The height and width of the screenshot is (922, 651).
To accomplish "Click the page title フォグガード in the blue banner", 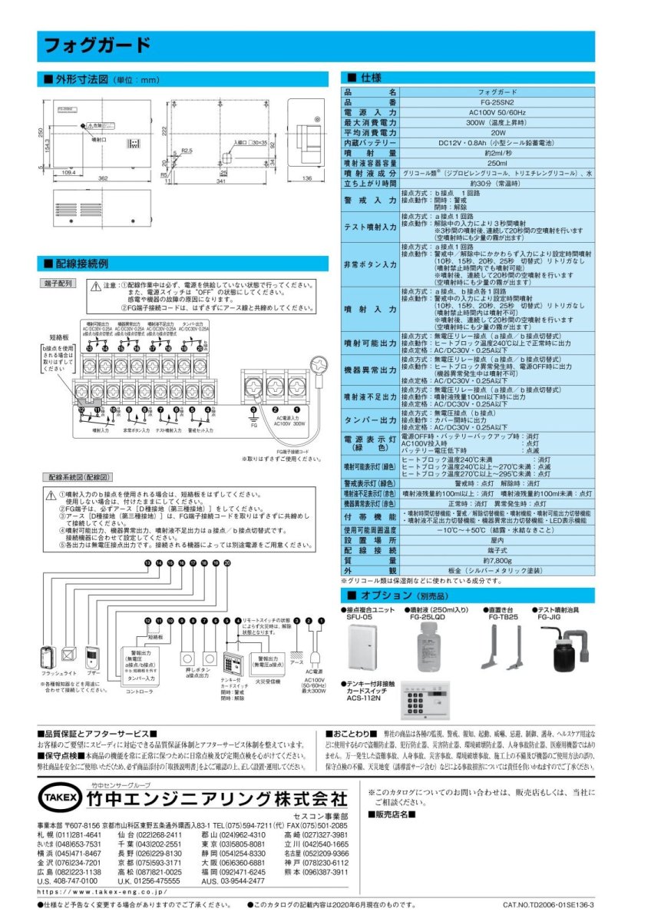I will [96, 45].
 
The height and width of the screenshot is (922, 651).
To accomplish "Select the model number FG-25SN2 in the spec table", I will [497, 101].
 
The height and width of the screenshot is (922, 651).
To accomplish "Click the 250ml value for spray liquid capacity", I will [497, 164].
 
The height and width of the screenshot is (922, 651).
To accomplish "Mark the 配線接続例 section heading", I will [76, 263].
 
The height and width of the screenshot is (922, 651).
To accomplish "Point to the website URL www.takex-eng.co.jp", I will [103, 893].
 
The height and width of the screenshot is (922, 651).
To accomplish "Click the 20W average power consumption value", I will [497, 132].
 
